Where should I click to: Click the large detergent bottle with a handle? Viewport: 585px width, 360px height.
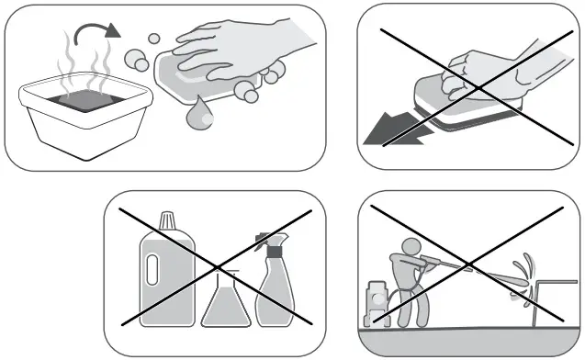point(166,276)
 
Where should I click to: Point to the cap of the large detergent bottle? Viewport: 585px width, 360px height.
point(166,221)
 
